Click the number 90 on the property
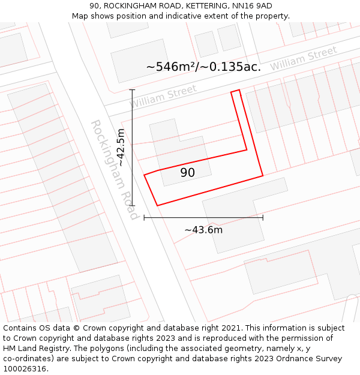pyautogui.click(x=187, y=173)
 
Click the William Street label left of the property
pyautogui.click(x=163, y=96)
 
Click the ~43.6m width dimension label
pyautogui.click(x=203, y=230)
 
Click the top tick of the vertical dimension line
pyautogui.click(x=132, y=89)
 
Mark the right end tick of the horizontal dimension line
pyautogui.click(x=263, y=217)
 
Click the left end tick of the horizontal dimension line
pyautogui.click(x=144, y=217)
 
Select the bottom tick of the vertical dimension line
pyautogui.click(x=132, y=206)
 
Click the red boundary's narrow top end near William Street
pyautogui.click(x=235, y=92)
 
